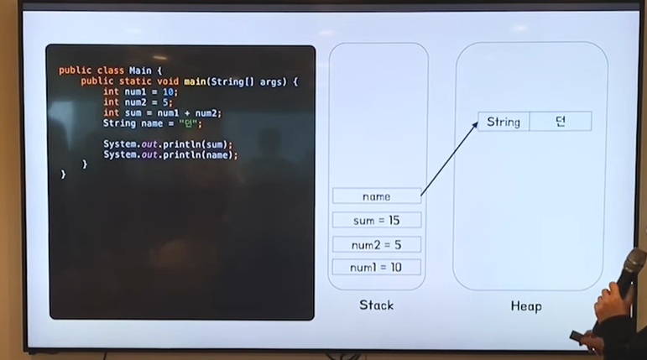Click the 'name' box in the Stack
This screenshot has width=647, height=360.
coord(377,196)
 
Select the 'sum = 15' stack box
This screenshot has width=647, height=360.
coord(377,220)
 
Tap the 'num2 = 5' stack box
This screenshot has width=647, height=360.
coord(377,244)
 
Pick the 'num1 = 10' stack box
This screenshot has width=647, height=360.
coord(377,268)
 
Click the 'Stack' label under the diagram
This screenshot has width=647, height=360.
coord(376,305)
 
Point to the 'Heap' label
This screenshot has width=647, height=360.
coord(526,305)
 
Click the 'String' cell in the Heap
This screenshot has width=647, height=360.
coord(504,122)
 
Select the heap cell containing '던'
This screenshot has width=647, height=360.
coord(561,122)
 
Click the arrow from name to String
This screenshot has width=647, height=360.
coord(449,157)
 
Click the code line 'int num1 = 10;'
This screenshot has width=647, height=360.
coord(141,91)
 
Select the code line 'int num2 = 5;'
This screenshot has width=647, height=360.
coord(138,102)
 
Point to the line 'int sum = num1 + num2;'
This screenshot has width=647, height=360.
coord(162,113)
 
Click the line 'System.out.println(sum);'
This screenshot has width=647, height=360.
coord(168,143)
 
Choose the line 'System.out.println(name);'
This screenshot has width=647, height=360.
coord(170,154)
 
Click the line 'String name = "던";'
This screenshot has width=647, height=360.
coord(153,123)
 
